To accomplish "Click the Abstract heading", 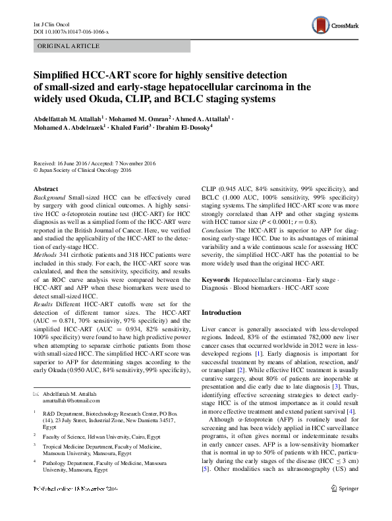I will pos(45,188).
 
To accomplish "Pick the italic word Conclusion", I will pos(219,231).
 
